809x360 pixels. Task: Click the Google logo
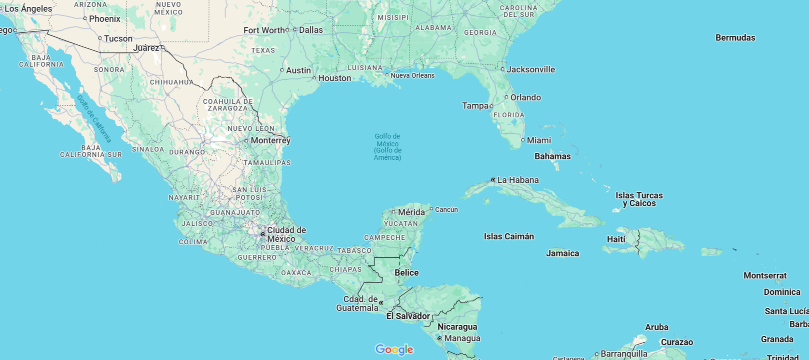point(394,349)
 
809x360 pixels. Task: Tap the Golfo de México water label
point(388,147)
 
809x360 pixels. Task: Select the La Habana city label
point(517,180)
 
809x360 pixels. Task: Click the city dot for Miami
point(523,140)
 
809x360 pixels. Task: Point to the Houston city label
point(335,78)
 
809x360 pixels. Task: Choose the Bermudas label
point(735,38)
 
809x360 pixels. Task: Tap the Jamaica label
point(562,253)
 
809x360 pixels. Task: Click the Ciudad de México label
point(286,235)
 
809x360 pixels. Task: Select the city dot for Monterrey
point(246,141)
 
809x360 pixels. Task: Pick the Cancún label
point(446,209)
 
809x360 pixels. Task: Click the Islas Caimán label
point(509,236)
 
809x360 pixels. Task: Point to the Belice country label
point(406,273)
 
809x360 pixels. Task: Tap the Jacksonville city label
point(530,69)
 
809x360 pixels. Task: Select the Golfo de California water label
point(94,119)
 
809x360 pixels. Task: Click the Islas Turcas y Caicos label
point(639,199)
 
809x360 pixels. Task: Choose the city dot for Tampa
point(491,106)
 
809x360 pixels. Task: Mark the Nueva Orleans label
point(412,75)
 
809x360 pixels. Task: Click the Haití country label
point(616,239)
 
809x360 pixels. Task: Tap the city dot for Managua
point(439,339)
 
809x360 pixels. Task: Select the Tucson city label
point(118,39)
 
